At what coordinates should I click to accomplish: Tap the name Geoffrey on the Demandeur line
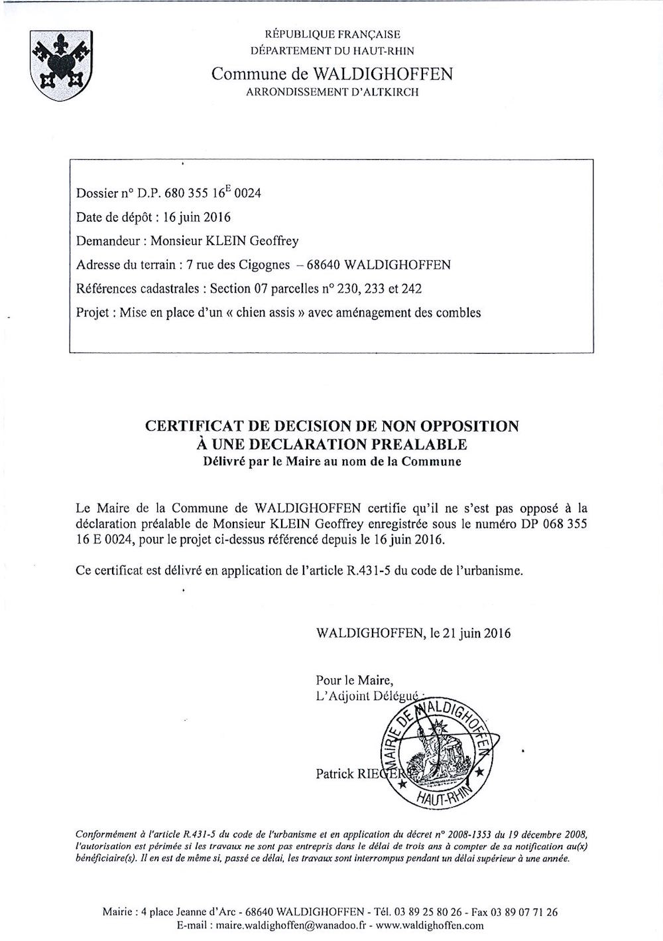(278, 241)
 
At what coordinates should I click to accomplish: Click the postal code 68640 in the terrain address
(322, 265)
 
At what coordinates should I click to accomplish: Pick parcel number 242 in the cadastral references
(411, 289)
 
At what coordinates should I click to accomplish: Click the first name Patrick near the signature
(335, 774)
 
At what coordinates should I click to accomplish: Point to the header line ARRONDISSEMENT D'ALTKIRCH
(332, 92)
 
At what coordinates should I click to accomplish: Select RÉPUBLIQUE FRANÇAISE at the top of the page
(332, 35)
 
